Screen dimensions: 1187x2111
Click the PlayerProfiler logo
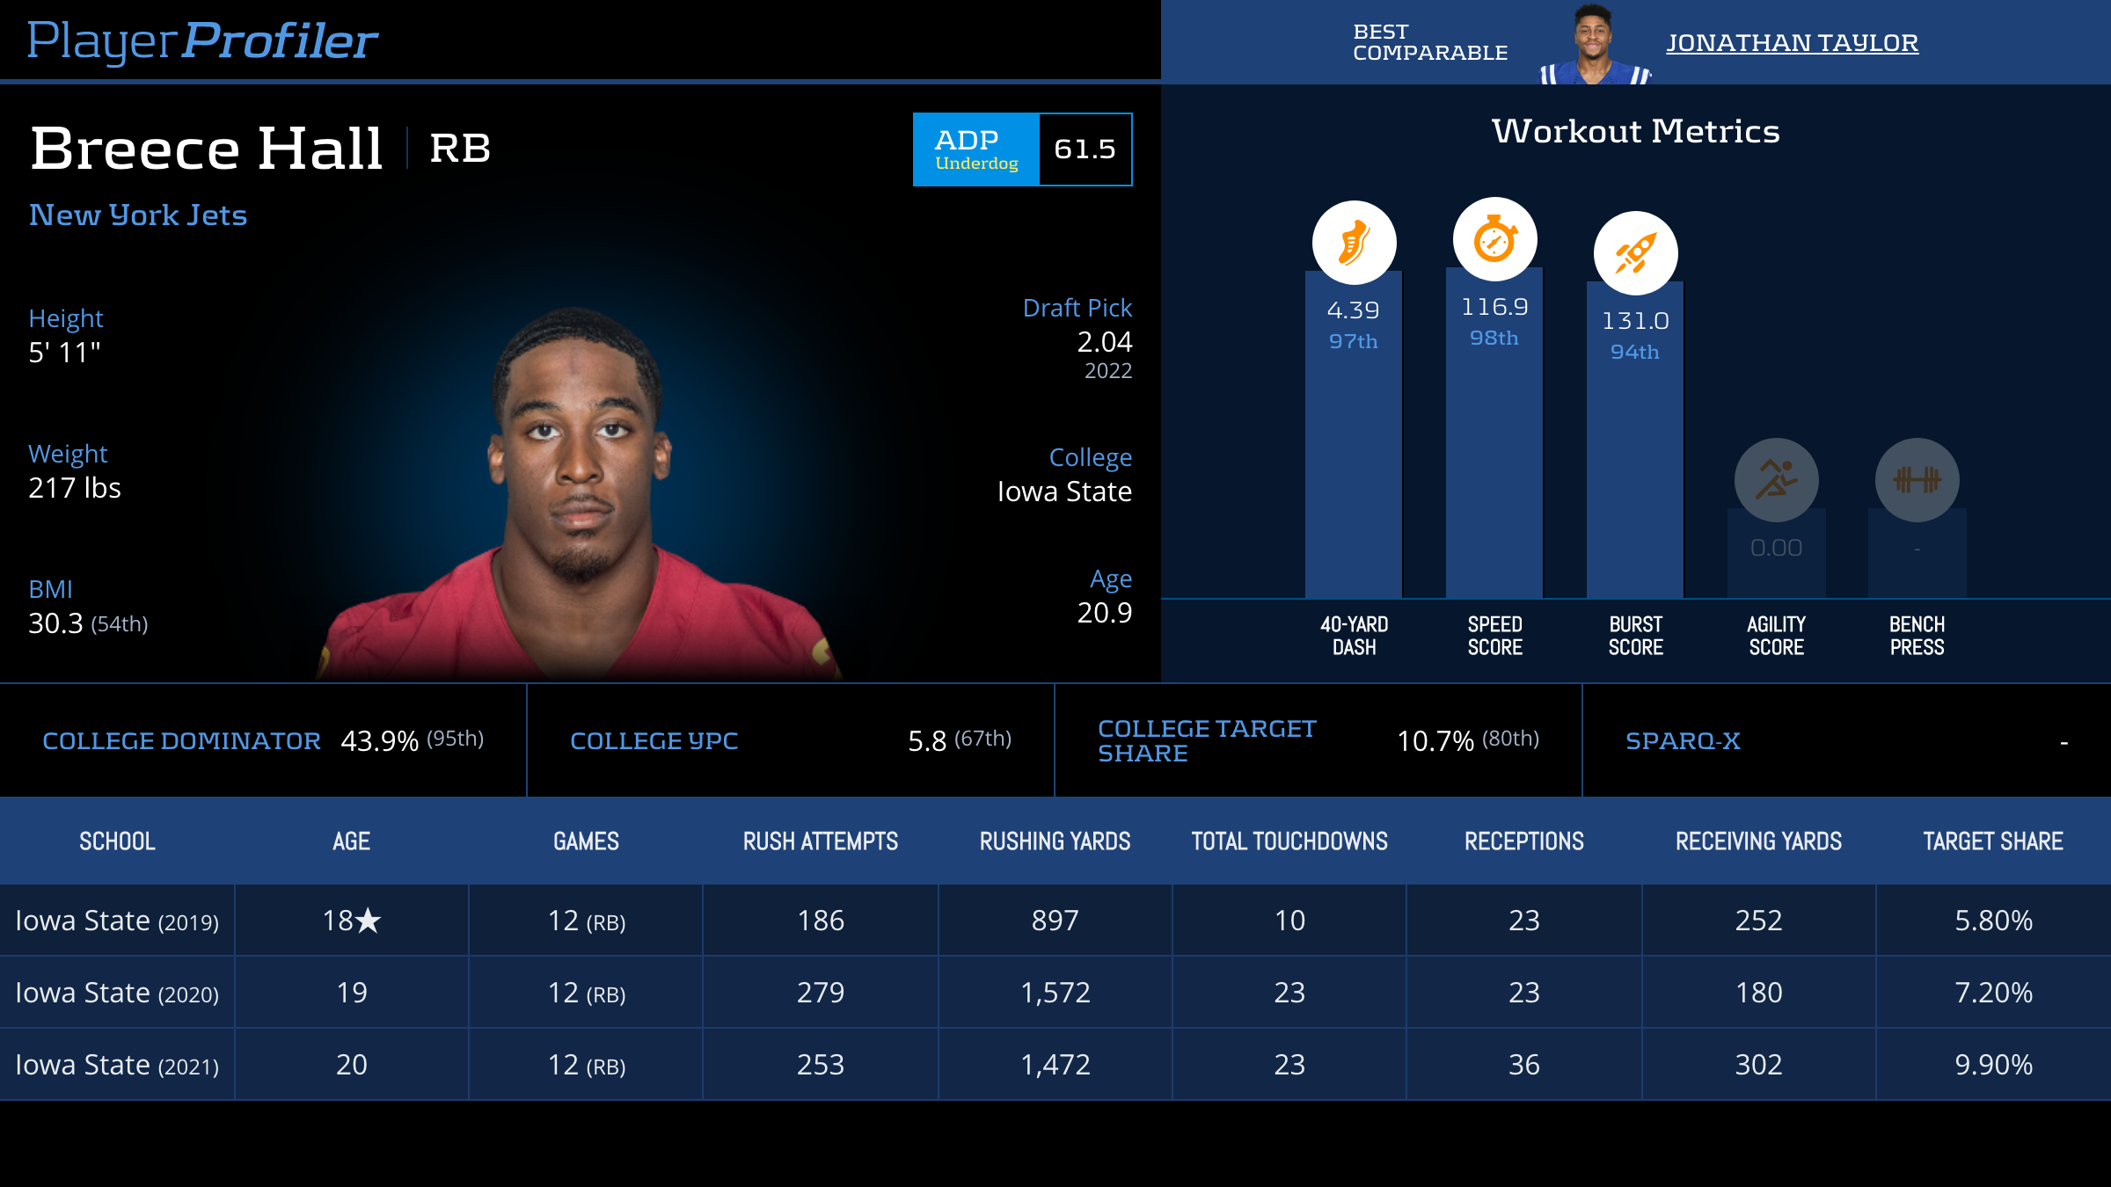[x=202, y=41]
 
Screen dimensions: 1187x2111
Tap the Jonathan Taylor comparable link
[x=1792, y=43]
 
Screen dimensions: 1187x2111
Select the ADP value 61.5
[x=1085, y=149]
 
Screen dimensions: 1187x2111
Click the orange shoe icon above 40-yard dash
[x=1354, y=243]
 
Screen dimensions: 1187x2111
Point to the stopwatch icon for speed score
[x=1494, y=239]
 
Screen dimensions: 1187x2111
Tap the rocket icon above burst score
[x=1635, y=253]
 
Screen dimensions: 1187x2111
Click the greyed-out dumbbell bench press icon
[x=1917, y=480]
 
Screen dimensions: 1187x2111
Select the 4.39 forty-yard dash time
[x=1353, y=310]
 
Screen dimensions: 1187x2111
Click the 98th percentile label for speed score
[x=1494, y=339]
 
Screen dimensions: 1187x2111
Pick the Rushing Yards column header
[x=1055, y=841]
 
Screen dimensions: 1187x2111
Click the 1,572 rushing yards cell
[x=1055, y=993]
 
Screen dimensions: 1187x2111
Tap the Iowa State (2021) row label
[x=117, y=1065]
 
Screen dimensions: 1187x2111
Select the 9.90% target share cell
[x=1993, y=1065]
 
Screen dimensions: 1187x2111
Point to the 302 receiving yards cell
[x=1758, y=1065]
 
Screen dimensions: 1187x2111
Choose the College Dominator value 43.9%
[x=379, y=741]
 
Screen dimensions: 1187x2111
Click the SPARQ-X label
[x=1683, y=741]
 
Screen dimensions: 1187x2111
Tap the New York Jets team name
[x=138, y=215]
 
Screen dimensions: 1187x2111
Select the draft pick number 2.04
[x=1105, y=342]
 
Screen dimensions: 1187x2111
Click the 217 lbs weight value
[x=75, y=488]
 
